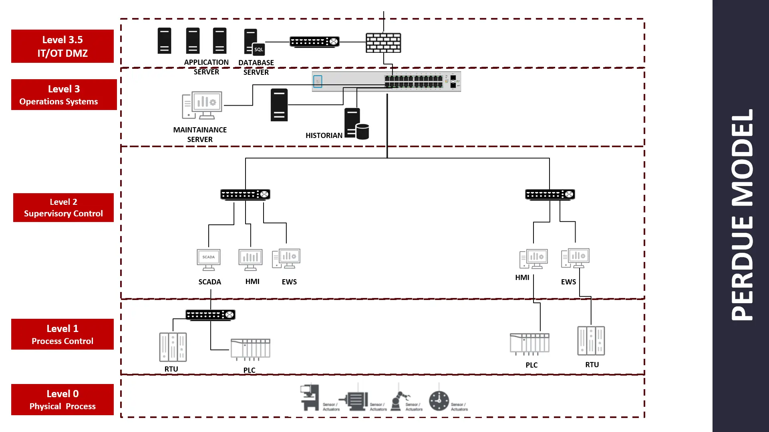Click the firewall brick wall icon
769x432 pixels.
383,43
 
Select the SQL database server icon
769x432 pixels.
254,42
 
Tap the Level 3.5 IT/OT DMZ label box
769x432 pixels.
62,46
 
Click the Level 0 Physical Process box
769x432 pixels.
62,400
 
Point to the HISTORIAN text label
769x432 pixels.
324,136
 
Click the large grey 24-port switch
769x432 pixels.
386,82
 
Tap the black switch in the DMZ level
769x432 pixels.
314,42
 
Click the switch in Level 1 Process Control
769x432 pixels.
210,315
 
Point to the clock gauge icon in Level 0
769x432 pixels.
439,400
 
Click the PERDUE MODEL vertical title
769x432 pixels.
742,215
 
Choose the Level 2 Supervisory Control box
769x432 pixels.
63,208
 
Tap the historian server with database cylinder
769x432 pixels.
356,124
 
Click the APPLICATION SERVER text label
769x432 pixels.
206,67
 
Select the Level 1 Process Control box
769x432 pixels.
62,334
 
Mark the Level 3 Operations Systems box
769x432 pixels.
64,95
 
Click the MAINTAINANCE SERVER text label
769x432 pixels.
200,135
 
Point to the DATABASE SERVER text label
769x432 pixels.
256,67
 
